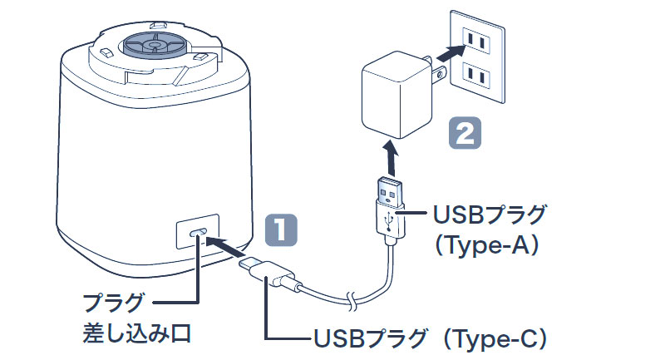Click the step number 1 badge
[281, 229]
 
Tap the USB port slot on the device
[197, 234]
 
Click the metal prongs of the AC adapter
[431, 71]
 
